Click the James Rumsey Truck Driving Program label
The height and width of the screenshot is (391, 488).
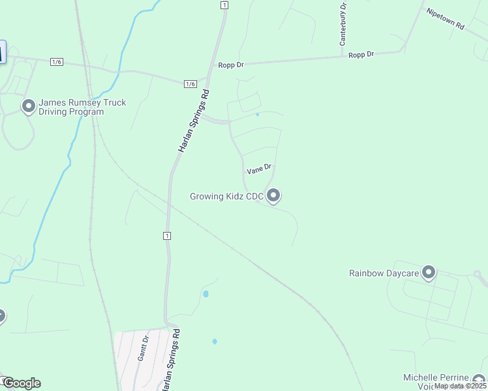(82, 107)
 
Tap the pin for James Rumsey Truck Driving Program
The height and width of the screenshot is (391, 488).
(28, 106)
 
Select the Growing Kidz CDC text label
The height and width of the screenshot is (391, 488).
(226, 196)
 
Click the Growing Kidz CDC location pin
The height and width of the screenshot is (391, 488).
(274, 195)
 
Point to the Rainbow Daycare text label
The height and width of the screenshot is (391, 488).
(384, 273)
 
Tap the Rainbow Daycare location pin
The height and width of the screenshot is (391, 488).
(429, 272)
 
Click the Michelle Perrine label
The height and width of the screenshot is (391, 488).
(436, 378)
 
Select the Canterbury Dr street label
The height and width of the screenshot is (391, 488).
(343, 23)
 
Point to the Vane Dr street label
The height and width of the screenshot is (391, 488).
(258, 169)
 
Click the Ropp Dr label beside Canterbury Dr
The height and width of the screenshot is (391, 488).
(361, 55)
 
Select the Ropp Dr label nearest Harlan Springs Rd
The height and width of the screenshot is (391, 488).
(230, 64)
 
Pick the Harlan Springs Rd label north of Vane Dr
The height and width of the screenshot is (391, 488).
(195, 121)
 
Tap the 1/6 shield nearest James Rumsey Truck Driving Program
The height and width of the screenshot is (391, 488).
(56, 61)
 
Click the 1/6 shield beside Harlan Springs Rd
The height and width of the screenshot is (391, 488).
(190, 83)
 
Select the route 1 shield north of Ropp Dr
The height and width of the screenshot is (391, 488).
(224, 5)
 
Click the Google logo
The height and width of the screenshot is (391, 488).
(21, 383)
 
